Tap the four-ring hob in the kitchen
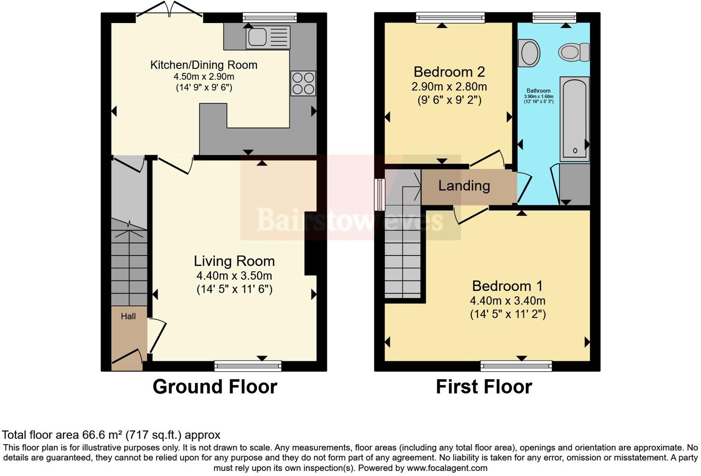pos(303,83)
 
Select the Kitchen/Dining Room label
pos(204,65)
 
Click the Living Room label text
pos(234,261)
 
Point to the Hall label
pos(128,316)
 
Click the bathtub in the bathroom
pos(574,119)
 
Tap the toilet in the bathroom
pos(574,52)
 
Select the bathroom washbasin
pos(529,53)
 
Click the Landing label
pos(464,186)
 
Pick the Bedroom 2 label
pos(449,72)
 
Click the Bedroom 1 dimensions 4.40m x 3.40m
pos(507,301)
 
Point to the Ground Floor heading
pos(215,387)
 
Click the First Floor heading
pos(484,387)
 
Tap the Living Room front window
pos(248,366)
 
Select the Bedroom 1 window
pos(516,366)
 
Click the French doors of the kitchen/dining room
pos(170,14)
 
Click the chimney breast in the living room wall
pos(310,244)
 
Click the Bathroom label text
pos(538,91)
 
